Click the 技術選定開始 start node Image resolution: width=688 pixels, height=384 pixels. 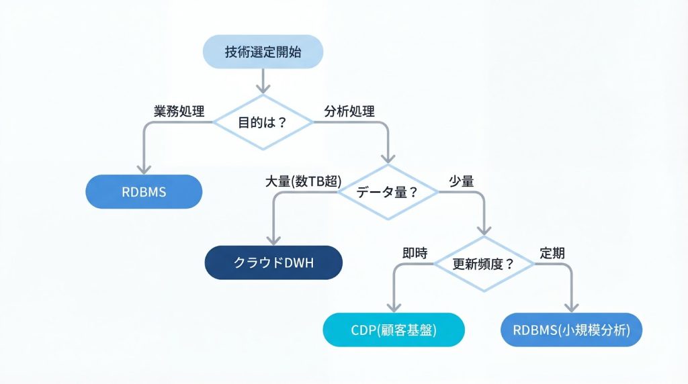pos(262,51)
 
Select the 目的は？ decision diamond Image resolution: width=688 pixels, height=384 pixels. pos(262,122)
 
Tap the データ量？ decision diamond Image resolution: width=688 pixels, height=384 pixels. pos(387,191)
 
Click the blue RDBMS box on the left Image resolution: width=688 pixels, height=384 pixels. pos(144,192)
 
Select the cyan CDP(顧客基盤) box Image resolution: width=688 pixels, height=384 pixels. pos(394,330)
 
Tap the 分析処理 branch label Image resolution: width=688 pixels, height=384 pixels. pos(349,111)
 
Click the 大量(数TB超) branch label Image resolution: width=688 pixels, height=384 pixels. pos(304,181)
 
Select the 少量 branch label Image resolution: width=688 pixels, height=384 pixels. pos(462,181)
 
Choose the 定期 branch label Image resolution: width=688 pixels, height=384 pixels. pos(552,253)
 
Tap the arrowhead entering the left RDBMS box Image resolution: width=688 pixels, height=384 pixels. pos(144,170)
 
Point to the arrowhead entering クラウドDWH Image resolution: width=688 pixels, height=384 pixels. pos(273,241)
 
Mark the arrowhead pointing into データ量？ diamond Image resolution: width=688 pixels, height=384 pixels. pos(387,158)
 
